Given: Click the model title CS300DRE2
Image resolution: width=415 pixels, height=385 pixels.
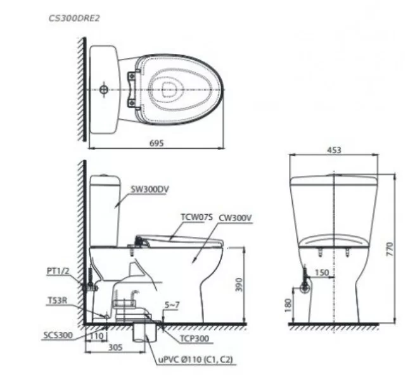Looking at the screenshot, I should point(74,18).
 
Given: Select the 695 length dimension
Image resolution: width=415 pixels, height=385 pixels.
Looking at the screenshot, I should point(157,144).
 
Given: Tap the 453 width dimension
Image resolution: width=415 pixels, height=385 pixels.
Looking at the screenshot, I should point(334,150).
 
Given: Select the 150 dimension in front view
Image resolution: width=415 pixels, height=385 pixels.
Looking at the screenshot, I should point(322,273).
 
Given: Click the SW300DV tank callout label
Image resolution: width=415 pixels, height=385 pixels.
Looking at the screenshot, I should point(149,188).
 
